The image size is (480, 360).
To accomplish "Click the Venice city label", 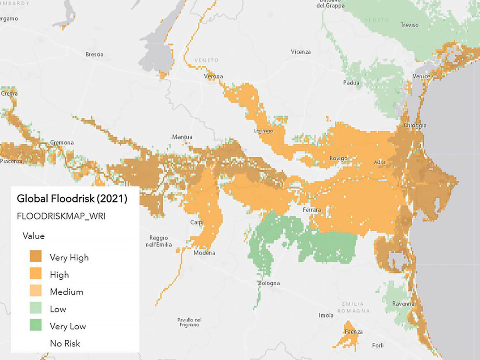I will pos(421,76).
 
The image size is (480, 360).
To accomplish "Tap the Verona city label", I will pos(213,76).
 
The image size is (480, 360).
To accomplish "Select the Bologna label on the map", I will pos(269,283).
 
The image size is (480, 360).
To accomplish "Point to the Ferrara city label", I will pos(312,210).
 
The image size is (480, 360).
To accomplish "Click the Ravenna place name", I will pos(403,303).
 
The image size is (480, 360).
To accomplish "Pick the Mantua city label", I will pos(182,137).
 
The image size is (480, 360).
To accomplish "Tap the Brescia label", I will pos(94,54).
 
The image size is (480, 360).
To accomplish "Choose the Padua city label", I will pos(351,82).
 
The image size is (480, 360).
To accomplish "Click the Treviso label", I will pos(409,25).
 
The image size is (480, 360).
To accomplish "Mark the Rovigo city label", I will pos(338,158).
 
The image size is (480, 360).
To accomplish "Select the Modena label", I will pos(204,253).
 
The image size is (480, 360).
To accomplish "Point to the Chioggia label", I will pos(415,125).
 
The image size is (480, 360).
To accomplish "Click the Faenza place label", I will pos(354,331).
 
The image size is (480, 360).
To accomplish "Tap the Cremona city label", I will pos(62,142).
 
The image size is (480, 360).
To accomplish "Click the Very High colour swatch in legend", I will pos(36,257).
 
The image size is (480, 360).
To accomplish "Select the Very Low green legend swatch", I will pos(36,325).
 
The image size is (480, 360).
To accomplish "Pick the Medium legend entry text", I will pos(66,292).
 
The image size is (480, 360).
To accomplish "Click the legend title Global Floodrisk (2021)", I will pos(72,198).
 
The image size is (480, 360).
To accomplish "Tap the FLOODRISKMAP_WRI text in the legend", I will pos(61,216).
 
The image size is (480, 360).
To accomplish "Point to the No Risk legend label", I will pos(65,343).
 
